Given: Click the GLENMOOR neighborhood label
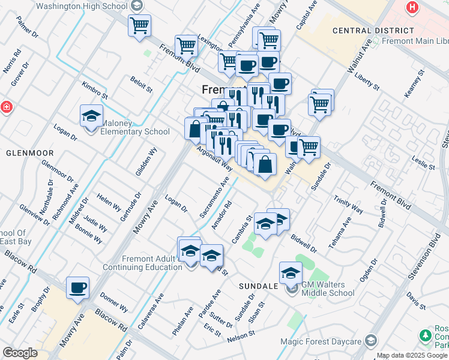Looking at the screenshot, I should [x=30, y=153].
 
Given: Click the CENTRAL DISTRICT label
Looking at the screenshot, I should [x=373, y=30].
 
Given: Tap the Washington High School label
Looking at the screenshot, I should [x=82, y=6].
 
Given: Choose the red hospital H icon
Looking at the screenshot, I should [x=412, y=8].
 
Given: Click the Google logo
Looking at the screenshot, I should [x=20, y=353].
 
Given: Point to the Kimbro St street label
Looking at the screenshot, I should [x=95, y=91].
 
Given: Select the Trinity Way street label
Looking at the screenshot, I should [x=348, y=205].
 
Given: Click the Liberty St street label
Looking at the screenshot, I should [x=368, y=82].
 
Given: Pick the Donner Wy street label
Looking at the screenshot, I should [x=113, y=303].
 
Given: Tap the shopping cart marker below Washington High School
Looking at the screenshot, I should [x=139, y=26].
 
